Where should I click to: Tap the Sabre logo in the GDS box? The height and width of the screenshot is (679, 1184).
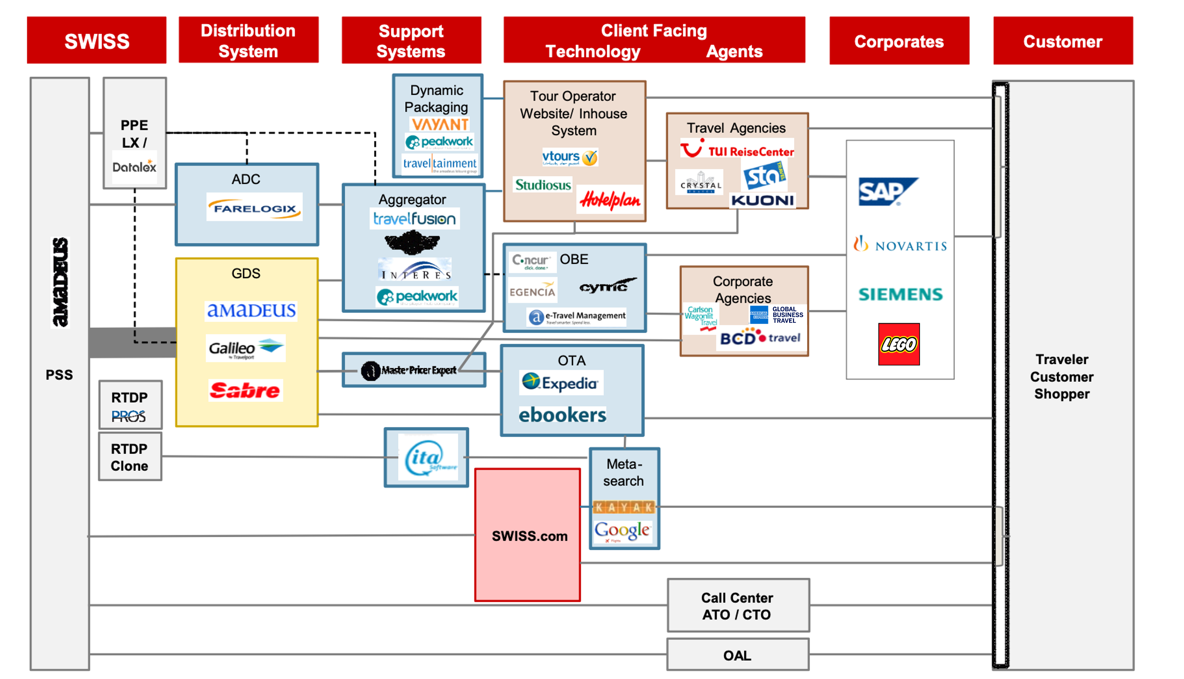click(245, 390)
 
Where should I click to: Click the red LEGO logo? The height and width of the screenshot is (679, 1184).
click(899, 344)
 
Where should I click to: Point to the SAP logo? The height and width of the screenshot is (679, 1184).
click(887, 191)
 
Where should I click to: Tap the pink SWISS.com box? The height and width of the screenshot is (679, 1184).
click(528, 535)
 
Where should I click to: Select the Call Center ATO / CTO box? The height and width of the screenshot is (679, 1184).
click(738, 605)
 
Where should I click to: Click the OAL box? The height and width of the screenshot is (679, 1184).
click(738, 655)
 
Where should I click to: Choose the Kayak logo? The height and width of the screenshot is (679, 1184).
click(624, 507)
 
